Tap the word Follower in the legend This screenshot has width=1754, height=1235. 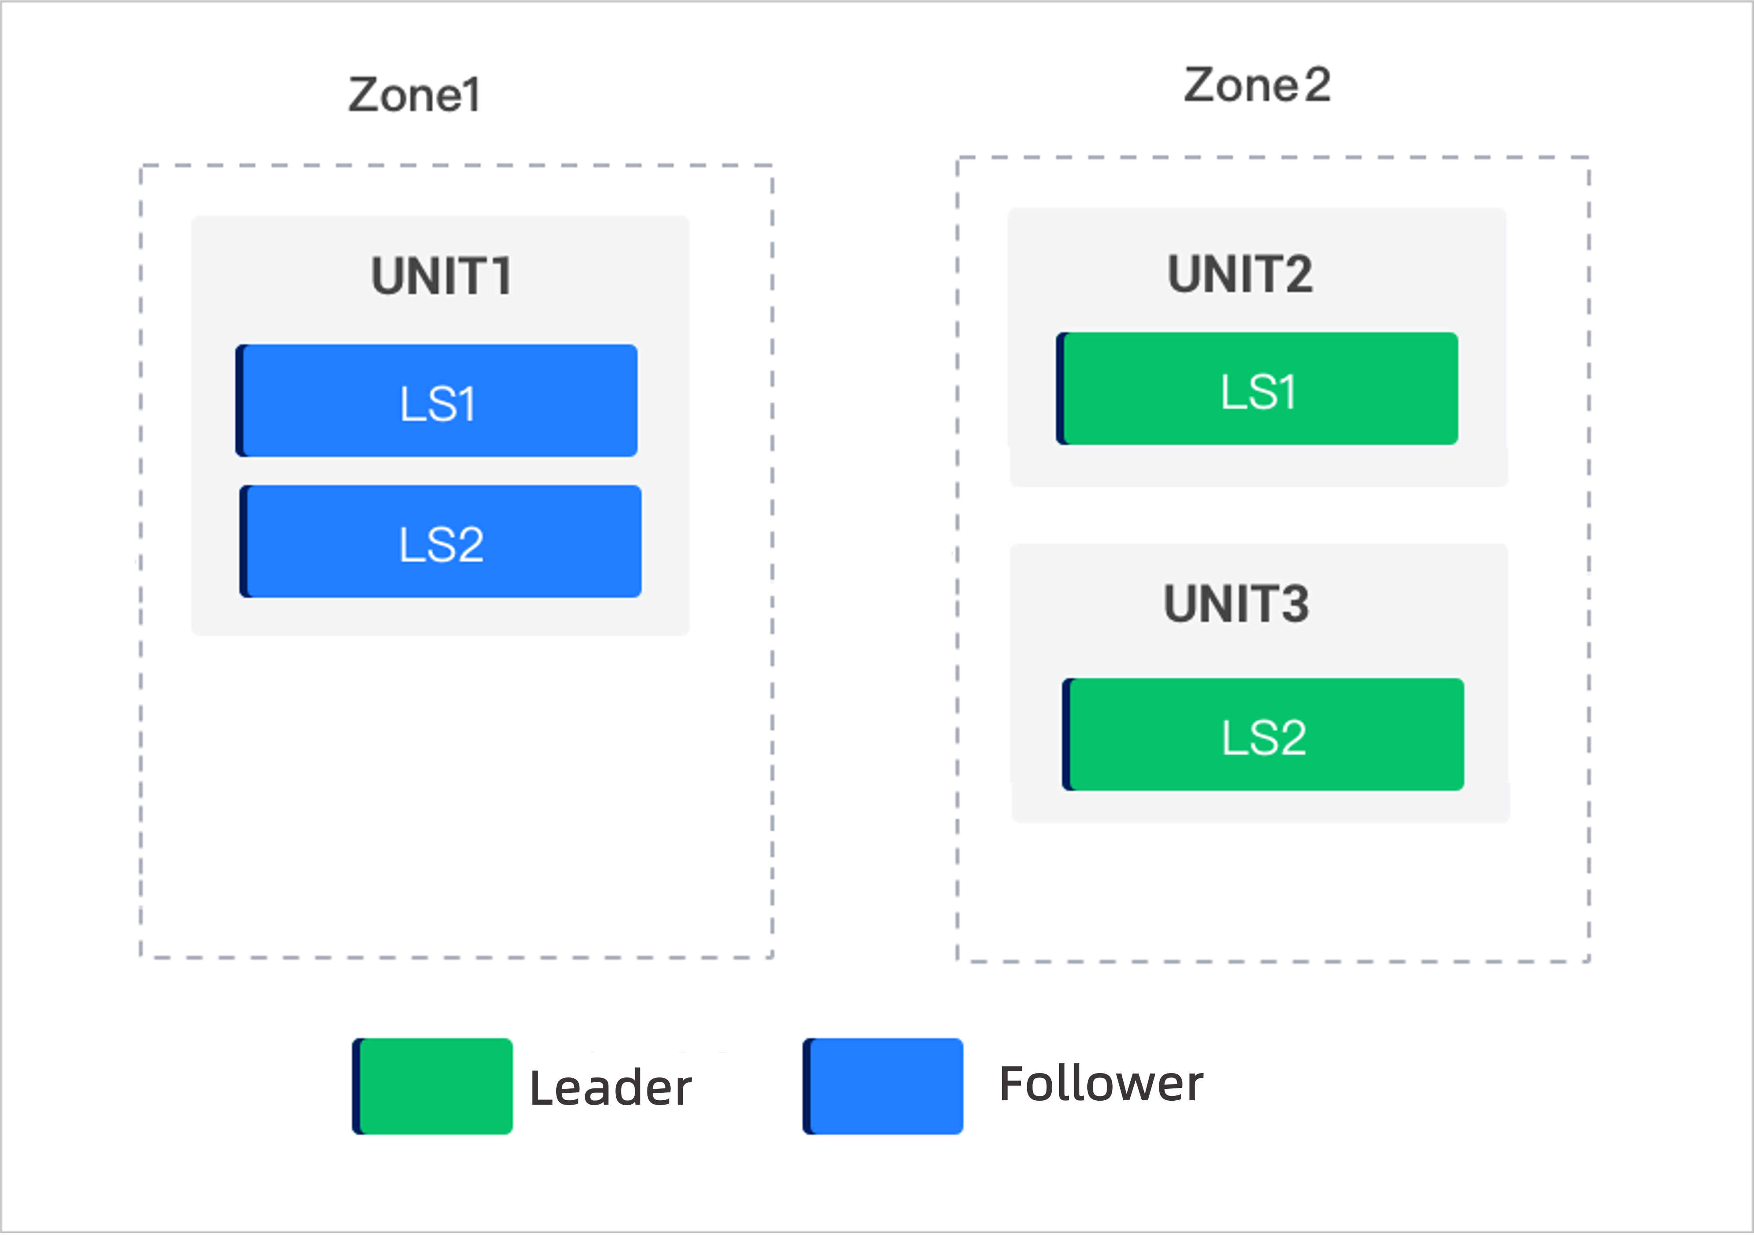click(1101, 1083)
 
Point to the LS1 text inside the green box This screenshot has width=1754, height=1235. click(1258, 392)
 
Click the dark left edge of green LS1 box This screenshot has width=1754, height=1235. click(1060, 389)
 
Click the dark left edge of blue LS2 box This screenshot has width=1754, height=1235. click(244, 542)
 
